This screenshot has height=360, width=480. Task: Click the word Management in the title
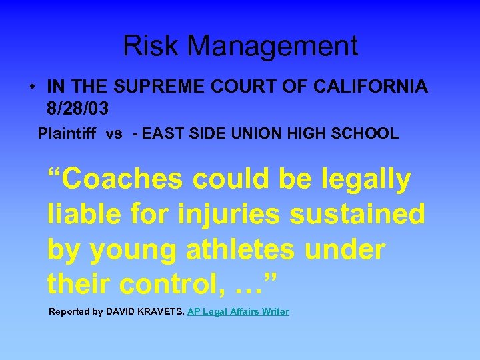[273, 46]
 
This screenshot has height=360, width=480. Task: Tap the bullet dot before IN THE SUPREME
[31, 87]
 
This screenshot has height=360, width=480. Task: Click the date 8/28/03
[78, 107]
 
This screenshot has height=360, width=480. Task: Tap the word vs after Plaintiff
[114, 133]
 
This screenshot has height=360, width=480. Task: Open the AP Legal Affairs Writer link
[238, 311]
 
